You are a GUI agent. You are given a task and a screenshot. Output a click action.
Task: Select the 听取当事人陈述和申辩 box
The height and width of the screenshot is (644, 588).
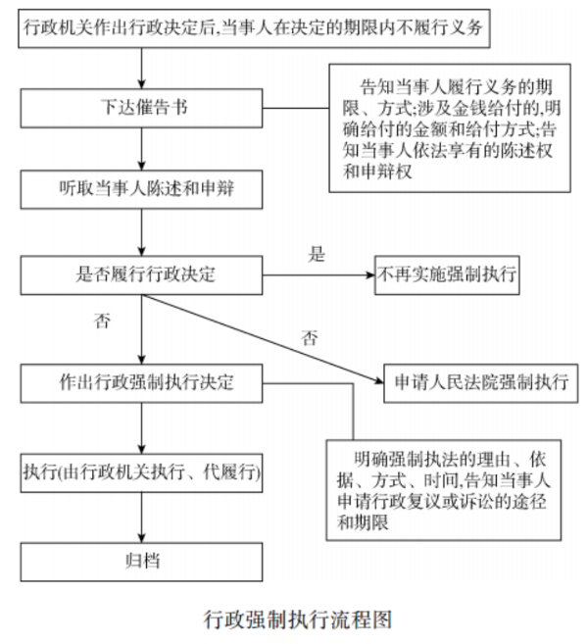click(x=143, y=189)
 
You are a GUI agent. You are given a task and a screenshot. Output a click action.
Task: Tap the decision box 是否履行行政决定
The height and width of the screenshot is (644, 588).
click(x=143, y=275)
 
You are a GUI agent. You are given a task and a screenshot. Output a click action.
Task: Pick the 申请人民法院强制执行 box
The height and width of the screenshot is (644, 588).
click(x=479, y=380)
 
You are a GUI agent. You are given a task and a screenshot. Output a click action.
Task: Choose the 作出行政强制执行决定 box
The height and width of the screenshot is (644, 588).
click(x=143, y=380)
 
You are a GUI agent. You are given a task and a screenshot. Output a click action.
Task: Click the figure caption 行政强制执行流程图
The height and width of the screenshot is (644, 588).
click(x=298, y=619)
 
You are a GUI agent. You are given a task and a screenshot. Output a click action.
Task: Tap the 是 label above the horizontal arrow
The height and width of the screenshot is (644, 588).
click(x=317, y=255)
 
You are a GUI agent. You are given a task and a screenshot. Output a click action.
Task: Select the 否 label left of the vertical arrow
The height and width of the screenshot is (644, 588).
click(x=102, y=321)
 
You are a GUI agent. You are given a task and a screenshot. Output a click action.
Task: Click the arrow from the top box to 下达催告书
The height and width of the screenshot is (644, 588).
click(x=143, y=66)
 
